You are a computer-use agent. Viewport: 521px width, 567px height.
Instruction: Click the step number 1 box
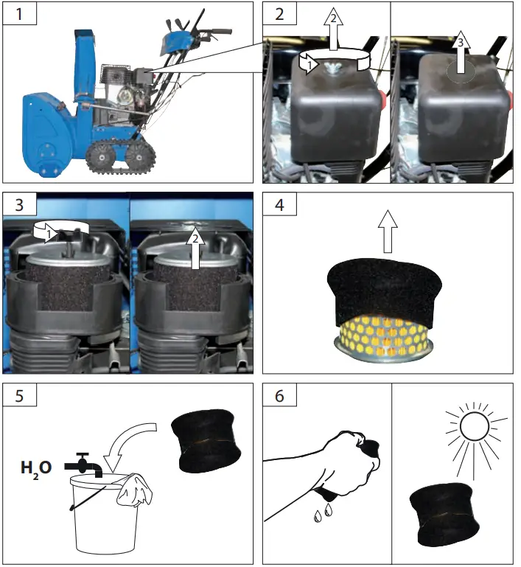pyautogui.click(x=15, y=14)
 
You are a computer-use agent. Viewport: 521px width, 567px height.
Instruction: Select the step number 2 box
pyautogui.click(x=276, y=14)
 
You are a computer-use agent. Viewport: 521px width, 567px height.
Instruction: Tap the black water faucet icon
pyautogui.click(x=83, y=465)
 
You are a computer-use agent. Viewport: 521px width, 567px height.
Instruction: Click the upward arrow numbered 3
pyautogui.click(x=461, y=56)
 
